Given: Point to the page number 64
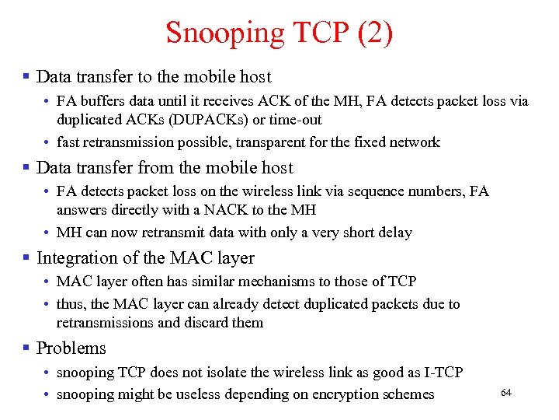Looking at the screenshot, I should point(506,393).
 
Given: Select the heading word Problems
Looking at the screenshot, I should point(71,348).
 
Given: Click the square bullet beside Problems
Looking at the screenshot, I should point(26,348).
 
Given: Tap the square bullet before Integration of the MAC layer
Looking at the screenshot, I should point(26,258).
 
